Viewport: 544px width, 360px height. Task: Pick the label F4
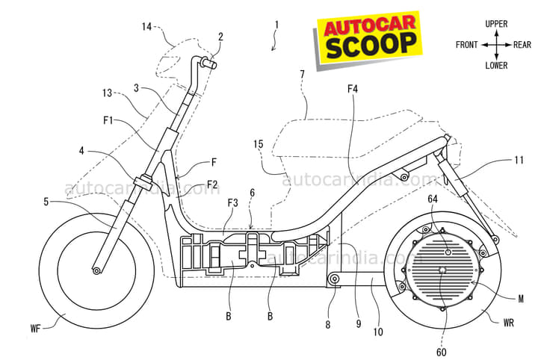(x=353, y=89)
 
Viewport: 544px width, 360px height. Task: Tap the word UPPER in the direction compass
(x=496, y=24)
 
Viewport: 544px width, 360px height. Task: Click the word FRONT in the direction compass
(x=468, y=45)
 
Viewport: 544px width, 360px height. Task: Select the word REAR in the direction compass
(x=522, y=45)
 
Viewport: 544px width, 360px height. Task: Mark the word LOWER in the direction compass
(x=496, y=65)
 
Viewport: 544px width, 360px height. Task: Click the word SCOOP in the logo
(x=371, y=45)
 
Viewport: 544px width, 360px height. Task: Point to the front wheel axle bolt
(x=96, y=270)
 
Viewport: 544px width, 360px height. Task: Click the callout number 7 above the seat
(x=302, y=74)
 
